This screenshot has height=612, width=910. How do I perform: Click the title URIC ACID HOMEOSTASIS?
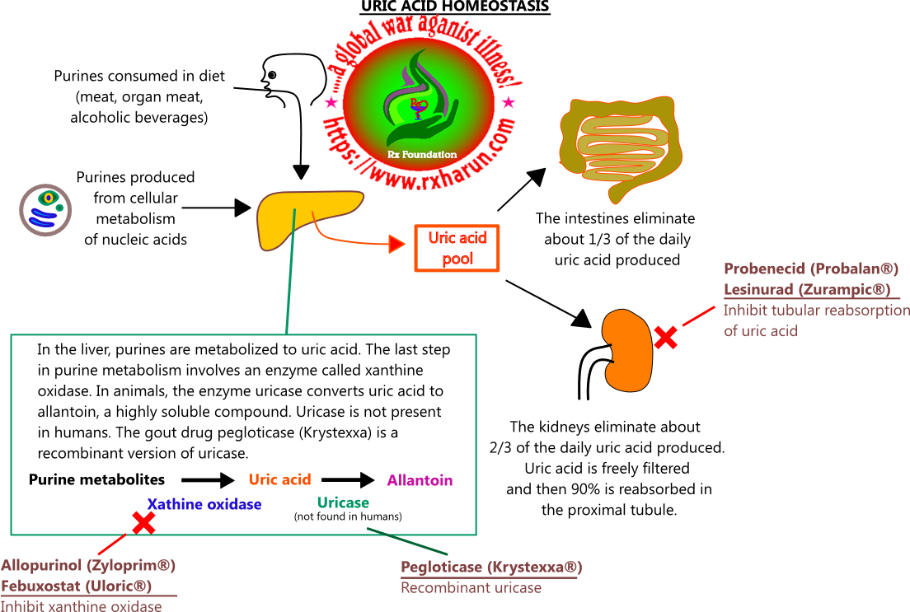[x=455, y=7]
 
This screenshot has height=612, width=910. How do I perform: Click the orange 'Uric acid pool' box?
[x=457, y=248]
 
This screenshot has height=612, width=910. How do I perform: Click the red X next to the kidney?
[x=666, y=336]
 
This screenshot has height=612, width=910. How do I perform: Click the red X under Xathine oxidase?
[x=144, y=521]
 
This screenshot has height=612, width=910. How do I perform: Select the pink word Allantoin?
[x=420, y=480]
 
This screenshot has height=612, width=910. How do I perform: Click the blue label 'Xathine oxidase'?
[x=204, y=504]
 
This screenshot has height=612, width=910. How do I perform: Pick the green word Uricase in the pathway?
[x=343, y=502]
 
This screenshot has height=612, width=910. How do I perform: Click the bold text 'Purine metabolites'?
[x=96, y=479]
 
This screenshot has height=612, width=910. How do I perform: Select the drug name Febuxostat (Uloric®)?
[x=77, y=586]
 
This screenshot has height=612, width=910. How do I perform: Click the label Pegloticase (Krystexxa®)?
[x=491, y=568]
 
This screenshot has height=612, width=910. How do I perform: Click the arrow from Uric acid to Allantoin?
[x=347, y=479]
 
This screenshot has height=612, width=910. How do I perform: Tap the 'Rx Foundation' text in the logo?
[x=421, y=154]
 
